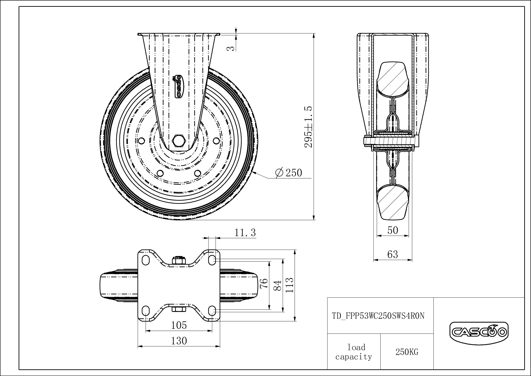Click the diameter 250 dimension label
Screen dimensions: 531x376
point(288,173)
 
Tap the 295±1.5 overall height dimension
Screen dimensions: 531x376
point(308,127)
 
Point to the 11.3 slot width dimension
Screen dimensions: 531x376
point(245,233)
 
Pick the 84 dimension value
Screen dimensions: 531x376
point(278,286)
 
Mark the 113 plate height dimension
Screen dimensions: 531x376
point(289,285)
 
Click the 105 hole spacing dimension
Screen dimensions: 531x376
point(179,325)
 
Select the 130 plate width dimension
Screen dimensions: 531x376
point(179,341)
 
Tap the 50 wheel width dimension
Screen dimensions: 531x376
point(393,230)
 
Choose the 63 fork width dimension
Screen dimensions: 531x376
point(393,254)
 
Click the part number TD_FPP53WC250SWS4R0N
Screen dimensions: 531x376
point(378,316)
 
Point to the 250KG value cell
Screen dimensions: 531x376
point(407,352)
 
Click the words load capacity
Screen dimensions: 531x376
point(354,352)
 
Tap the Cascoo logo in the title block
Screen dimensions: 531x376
point(479,333)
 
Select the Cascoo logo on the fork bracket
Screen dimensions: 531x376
point(178,87)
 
